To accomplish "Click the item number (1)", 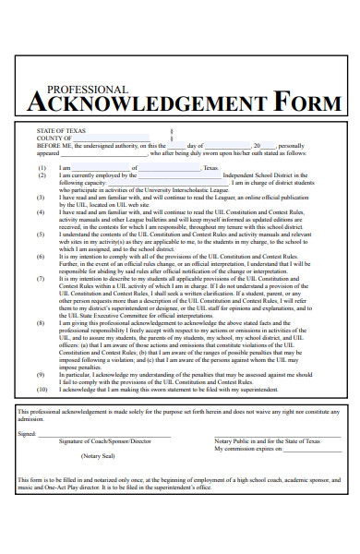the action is (42, 168).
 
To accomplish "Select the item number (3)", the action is (42, 197).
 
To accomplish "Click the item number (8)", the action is (42, 323).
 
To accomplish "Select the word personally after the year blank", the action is (291, 146).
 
